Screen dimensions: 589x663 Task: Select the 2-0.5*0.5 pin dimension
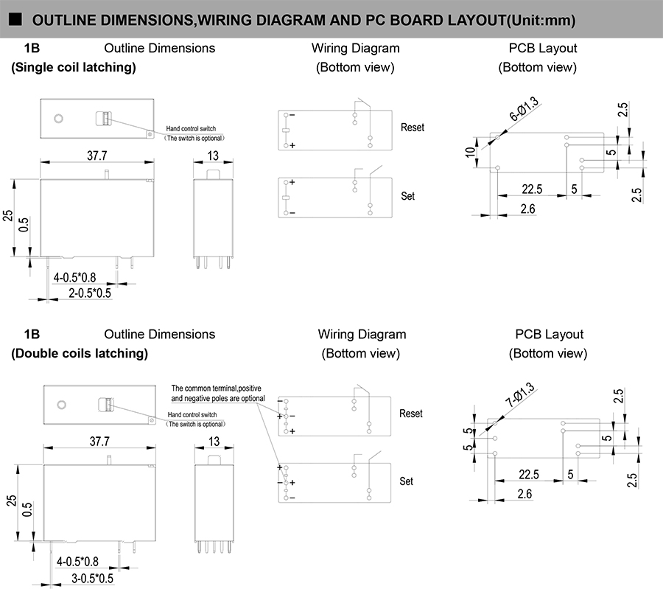(90, 293)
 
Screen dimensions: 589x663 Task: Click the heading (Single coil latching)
(73, 67)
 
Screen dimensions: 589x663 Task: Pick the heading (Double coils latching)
(79, 353)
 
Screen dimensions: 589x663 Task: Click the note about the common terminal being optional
(216, 393)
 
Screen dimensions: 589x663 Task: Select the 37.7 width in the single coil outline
(97, 156)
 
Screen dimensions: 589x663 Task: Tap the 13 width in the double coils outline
(214, 442)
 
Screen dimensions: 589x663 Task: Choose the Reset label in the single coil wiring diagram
(413, 128)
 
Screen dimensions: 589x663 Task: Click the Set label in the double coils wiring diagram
(407, 481)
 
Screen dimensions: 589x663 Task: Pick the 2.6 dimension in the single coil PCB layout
(527, 209)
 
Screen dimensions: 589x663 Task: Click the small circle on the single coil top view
(60, 119)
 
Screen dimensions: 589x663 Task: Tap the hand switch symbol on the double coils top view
(108, 404)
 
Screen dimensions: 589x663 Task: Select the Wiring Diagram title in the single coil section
(355, 48)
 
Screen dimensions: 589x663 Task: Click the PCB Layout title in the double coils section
(549, 334)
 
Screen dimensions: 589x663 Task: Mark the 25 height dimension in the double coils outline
(11, 500)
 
